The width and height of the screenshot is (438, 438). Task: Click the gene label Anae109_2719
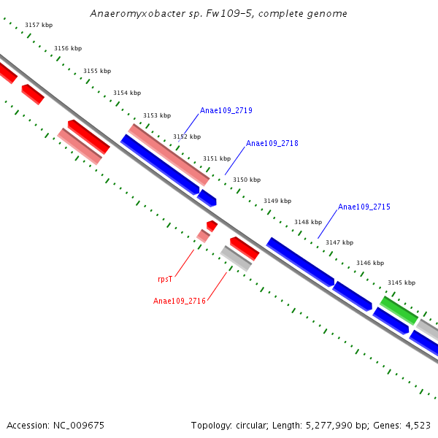click(226, 111)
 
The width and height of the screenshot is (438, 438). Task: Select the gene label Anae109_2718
click(272, 144)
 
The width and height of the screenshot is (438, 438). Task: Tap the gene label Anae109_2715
click(364, 207)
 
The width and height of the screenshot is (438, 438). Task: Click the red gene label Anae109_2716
click(180, 301)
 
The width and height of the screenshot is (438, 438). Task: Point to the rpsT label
click(165, 279)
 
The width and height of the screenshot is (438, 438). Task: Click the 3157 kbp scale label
click(39, 25)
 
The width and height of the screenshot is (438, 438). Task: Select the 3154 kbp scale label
click(127, 93)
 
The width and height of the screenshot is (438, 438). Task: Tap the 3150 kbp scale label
click(247, 180)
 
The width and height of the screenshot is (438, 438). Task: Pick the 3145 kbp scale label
click(401, 283)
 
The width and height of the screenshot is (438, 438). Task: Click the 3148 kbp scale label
click(308, 222)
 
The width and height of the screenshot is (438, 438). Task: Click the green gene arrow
click(399, 310)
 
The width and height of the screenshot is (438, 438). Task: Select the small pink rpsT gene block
click(203, 236)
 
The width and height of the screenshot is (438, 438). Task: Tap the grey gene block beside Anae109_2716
click(236, 258)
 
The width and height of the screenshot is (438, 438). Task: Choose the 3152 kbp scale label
click(187, 137)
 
